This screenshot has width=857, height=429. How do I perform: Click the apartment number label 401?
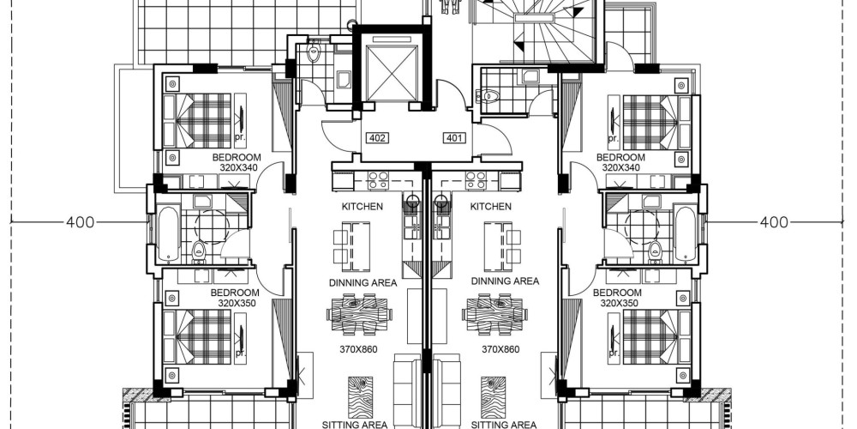pos(455,138)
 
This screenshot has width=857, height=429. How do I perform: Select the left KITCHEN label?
pos(363,207)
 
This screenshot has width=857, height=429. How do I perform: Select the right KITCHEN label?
pos(491,207)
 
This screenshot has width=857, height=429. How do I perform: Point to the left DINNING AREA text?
pos(363,283)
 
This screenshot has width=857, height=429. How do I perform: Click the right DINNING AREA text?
pos(505,281)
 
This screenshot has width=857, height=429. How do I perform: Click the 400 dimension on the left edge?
pos(81,222)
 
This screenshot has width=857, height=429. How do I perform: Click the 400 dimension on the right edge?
pos(774,222)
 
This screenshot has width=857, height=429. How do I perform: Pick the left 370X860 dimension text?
pos(358,349)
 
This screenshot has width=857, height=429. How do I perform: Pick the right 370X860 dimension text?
pos(500,349)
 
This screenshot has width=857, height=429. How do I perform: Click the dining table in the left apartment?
pos(357,315)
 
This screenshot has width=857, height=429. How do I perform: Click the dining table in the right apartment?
pos(494,315)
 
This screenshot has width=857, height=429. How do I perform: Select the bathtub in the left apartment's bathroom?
pos(168,233)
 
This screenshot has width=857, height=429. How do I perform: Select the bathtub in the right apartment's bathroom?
pos(685,233)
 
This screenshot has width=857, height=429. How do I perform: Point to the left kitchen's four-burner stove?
pos(378,180)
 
